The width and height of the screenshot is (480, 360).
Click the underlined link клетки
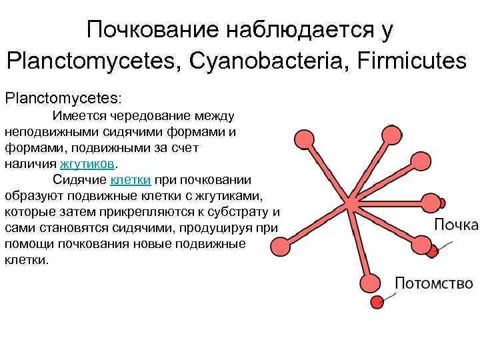pos(131,179)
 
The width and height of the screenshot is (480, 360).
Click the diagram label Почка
pos(456,225)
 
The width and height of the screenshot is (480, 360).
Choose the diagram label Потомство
pos(434,283)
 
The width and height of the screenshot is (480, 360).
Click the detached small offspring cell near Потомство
pos(378,301)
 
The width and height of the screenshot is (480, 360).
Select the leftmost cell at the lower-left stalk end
pos(283,247)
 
